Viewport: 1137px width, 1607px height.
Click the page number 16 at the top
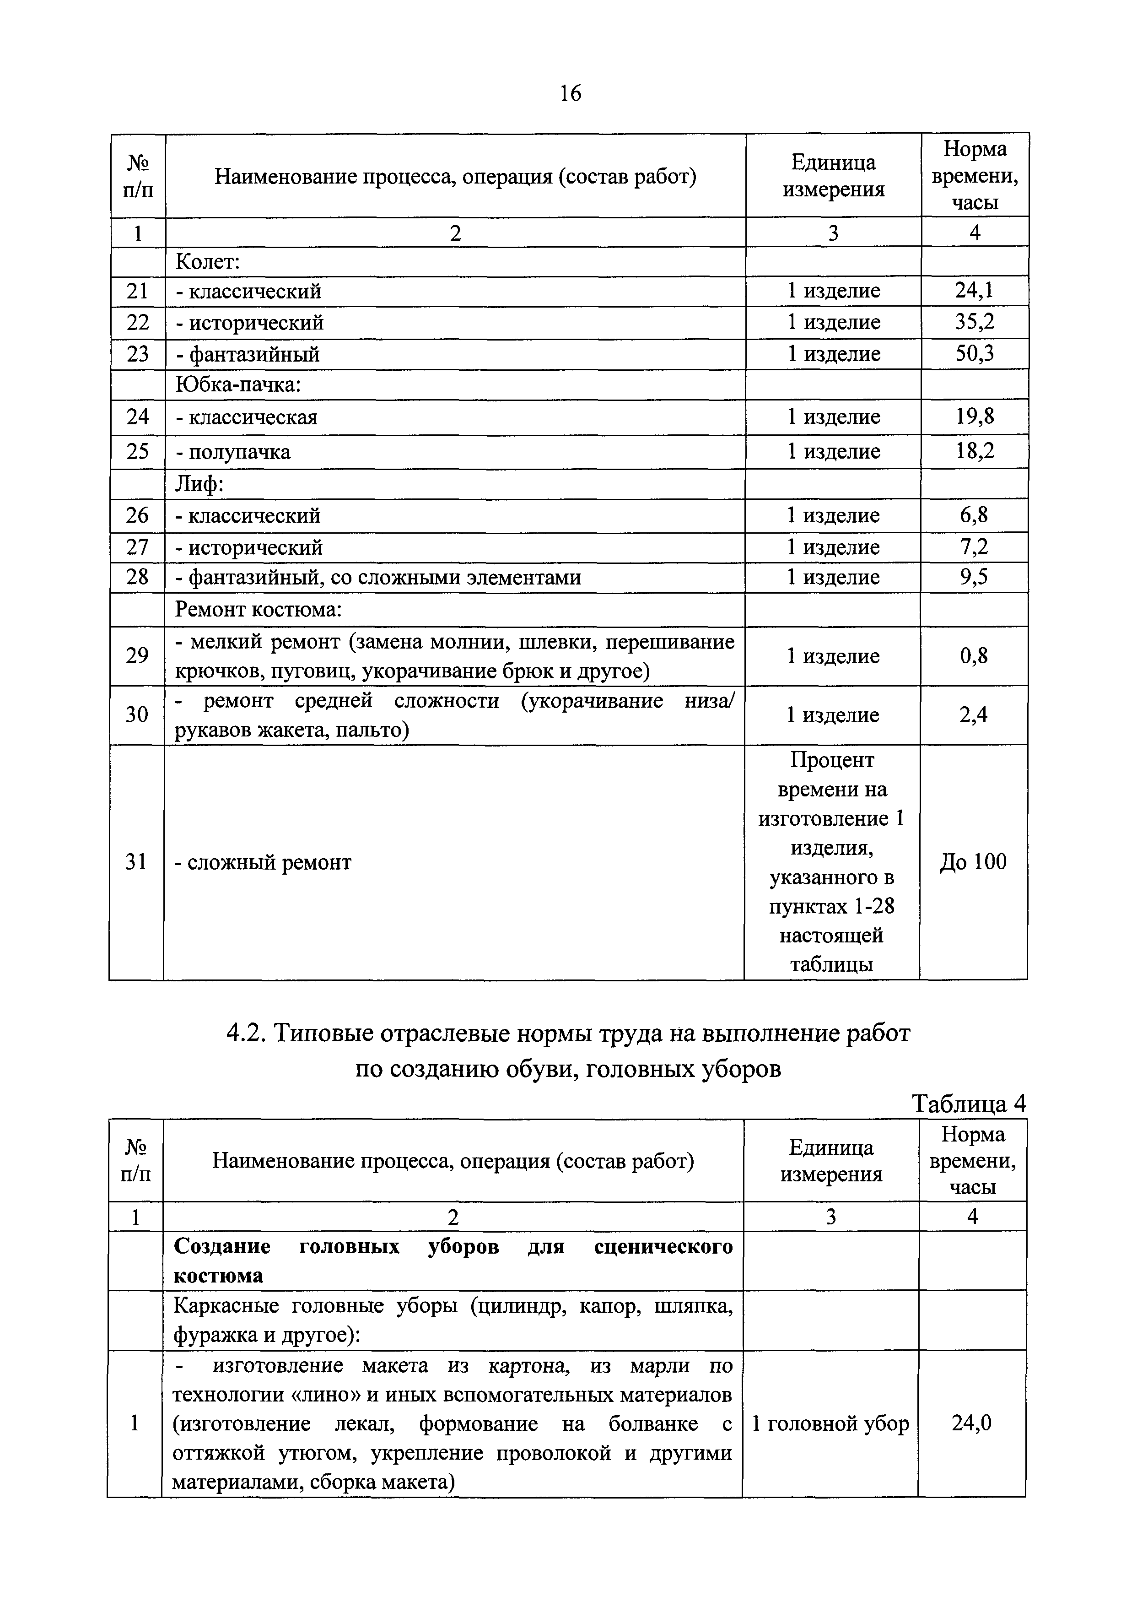(570, 93)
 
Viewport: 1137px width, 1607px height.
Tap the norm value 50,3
(975, 354)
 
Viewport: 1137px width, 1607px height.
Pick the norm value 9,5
(974, 577)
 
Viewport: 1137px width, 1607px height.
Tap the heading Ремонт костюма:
(258, 609)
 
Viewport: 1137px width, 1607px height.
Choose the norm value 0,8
(974, 656)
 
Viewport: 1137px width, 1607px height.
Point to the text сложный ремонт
(269, 862)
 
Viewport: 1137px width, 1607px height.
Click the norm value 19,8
(975, 417)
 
